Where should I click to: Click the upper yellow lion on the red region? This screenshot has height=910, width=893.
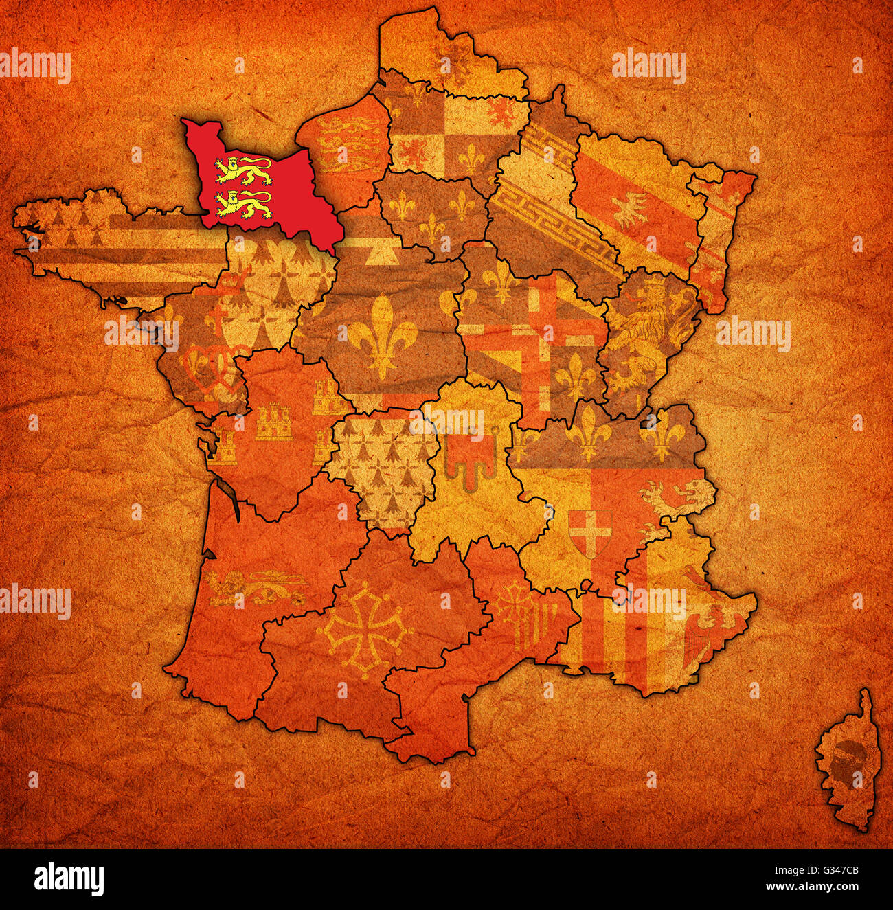(243, 170)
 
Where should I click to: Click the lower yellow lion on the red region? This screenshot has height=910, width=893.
(243, 204)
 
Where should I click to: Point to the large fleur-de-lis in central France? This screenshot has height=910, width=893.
(382, 337)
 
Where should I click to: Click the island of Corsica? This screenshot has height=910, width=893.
(846, 762)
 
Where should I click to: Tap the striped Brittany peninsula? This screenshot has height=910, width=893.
(110, 240)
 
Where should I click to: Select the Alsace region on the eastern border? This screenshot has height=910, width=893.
(718, 234)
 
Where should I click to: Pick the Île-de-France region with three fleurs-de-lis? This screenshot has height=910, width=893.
(433, 213)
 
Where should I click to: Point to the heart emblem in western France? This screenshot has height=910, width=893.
(203, 371)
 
